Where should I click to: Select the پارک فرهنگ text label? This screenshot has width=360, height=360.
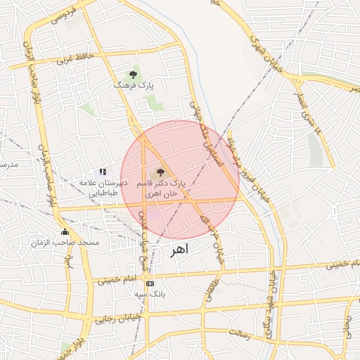134,84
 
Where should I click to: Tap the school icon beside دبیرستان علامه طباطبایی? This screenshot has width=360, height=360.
103,172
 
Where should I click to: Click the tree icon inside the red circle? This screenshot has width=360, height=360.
160,172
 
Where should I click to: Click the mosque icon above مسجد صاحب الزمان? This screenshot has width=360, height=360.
65,232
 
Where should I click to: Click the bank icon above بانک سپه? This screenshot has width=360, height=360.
150,283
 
